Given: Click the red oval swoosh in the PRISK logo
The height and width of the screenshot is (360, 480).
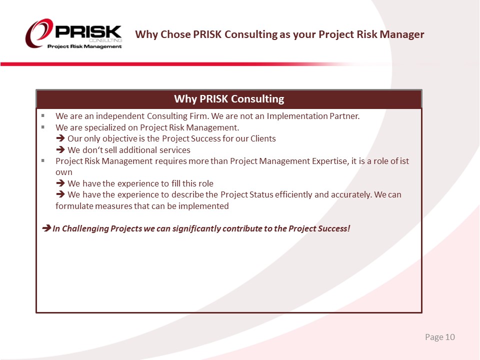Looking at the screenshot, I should click(x=35, y=33).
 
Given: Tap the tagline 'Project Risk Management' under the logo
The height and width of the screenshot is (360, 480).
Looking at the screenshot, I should click(x=84, y=46).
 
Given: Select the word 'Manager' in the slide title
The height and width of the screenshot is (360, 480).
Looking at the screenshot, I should click(x=402, y=34).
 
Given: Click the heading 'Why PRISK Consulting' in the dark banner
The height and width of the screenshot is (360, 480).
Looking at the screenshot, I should click(x=229, y=99).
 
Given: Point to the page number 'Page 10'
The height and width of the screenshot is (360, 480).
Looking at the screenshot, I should click(x=440, y=337).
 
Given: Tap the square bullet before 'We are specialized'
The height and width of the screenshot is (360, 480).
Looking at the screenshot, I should click(x=43, y=127).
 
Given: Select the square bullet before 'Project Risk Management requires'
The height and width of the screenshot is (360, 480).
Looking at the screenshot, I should click(x=43, y=160).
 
